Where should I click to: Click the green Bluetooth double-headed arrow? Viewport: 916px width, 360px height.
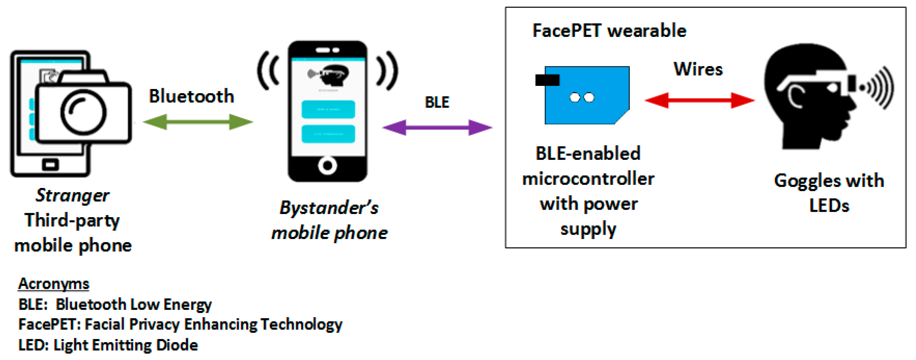198,122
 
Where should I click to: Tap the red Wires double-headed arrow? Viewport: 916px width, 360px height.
700,100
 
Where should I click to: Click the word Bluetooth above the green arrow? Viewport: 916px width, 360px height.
191,96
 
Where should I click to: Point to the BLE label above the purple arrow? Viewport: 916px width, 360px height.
437,102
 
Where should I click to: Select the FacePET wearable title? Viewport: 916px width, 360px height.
609,31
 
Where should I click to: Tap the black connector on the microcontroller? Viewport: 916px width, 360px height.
547,80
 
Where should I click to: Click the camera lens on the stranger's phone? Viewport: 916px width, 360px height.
83,113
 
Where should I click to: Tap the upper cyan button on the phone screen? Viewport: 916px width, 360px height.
328,109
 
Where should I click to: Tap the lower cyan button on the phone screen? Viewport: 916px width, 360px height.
328,134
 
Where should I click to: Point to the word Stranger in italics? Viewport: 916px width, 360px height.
73,195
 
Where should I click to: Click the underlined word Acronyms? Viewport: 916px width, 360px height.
54,284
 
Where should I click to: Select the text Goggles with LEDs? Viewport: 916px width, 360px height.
829,193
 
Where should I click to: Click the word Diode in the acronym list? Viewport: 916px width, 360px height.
177,345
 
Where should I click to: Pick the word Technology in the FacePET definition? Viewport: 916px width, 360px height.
301,325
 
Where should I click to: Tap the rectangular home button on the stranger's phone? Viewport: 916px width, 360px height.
50,165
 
